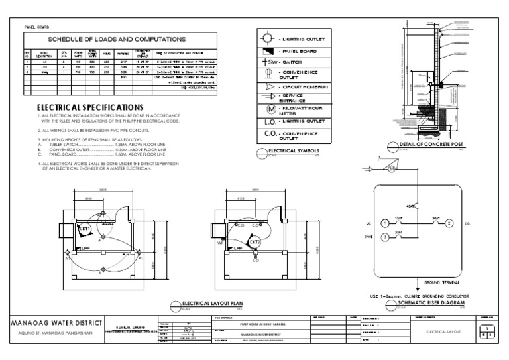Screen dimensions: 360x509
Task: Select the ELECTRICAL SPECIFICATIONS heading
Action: (x=89, y=107)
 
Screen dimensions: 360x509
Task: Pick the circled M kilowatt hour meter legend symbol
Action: (x=268, y=109)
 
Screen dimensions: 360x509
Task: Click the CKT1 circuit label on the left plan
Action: (x=85, y=229)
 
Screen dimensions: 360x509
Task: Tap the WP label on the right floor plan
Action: (x=221, y=243)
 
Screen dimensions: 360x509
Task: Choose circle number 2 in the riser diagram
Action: (x=449, y=223)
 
